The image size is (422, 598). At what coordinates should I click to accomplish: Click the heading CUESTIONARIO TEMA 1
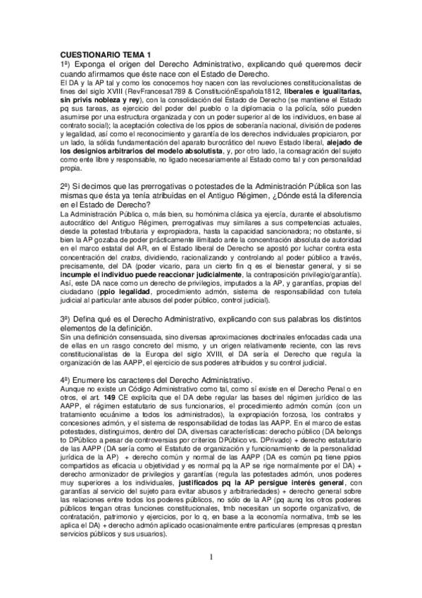(106, 54)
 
